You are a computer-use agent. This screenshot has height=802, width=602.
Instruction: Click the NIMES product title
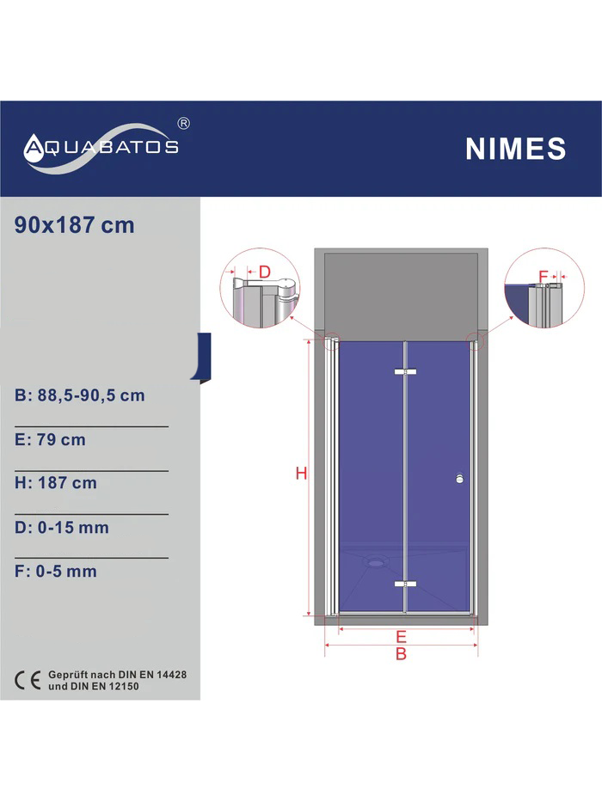click(x=515, y=149)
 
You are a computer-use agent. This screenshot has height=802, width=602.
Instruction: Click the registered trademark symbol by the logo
click(x=183, y=123)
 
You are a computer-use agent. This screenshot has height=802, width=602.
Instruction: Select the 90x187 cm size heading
click(x=74, y=225)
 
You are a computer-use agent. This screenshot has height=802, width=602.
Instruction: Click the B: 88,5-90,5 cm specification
click(x=80, y=395)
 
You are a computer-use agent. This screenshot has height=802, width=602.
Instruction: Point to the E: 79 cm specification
click(x=50, y=439)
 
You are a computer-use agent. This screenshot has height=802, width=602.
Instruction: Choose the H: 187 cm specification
click(x=56, y=483)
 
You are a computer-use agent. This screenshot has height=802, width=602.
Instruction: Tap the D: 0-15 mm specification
click(x=61, y=527)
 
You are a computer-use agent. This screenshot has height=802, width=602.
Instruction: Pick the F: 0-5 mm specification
click(x=56, y=571)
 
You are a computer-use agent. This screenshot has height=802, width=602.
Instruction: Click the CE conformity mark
click(x=28, y=680)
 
